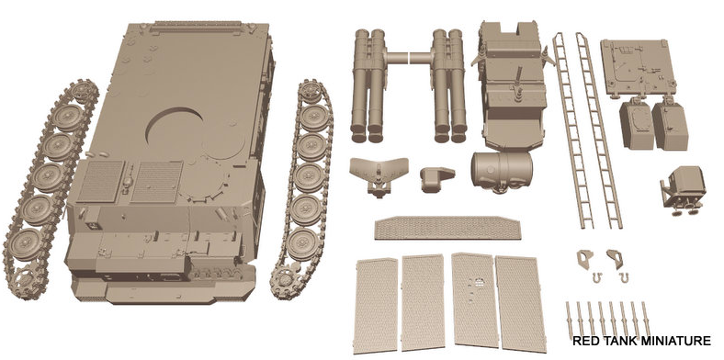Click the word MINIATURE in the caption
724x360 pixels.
coord(676,341)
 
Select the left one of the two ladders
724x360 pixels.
coord(573,130)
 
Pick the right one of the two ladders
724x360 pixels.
coord(599,130)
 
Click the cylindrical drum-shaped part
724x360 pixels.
coord(502,171)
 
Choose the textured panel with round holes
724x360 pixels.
coord(475,300)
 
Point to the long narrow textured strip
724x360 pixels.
coord(447,228)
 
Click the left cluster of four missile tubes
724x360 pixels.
coord(368,85)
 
